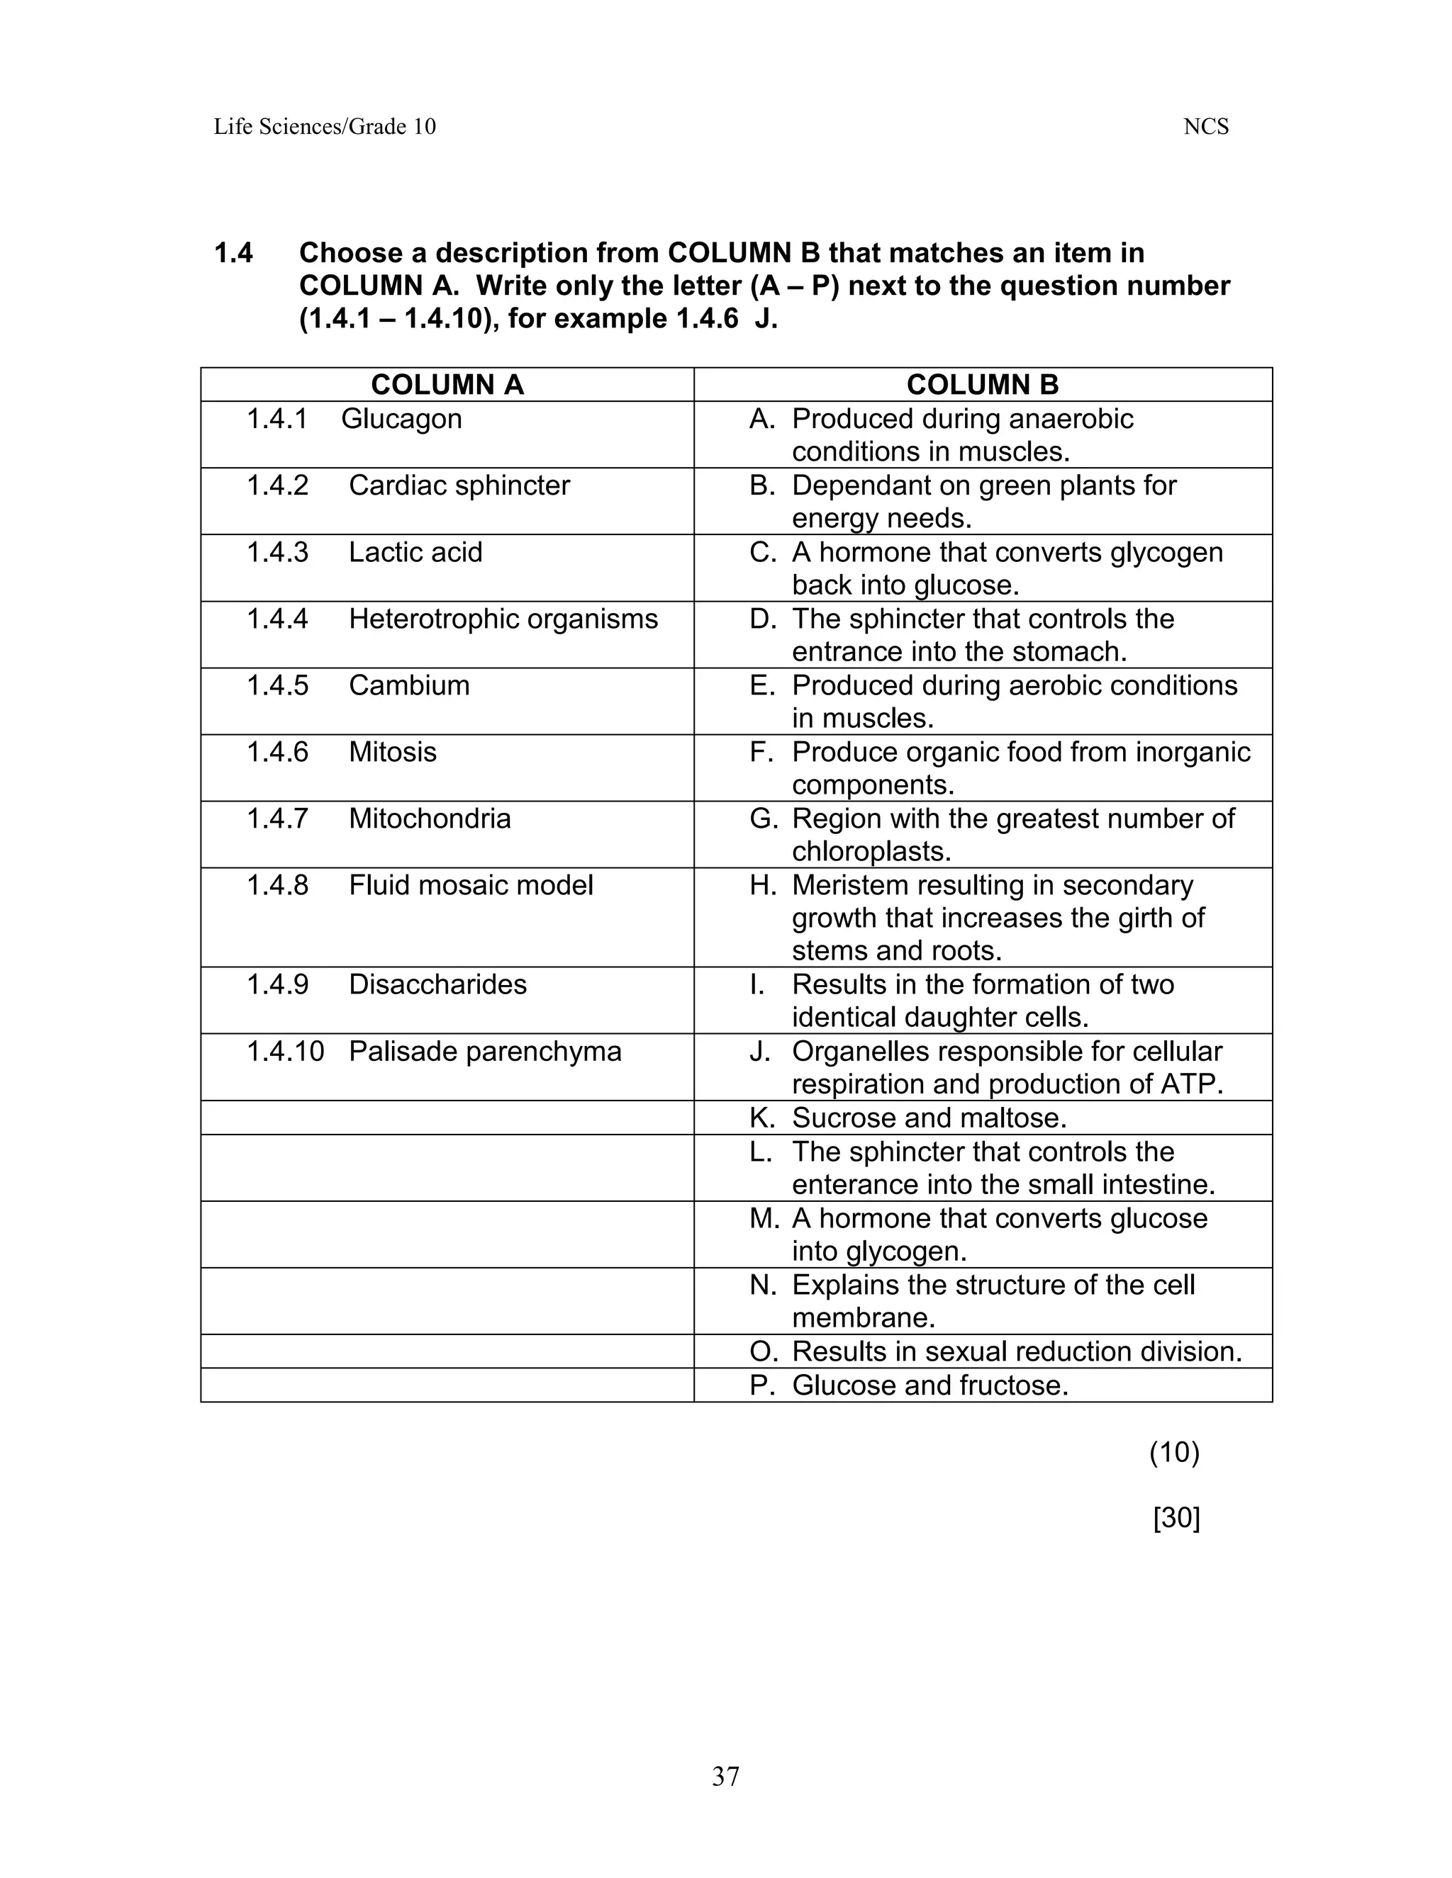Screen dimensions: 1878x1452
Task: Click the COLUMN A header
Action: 447,384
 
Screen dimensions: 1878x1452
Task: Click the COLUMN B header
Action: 983,384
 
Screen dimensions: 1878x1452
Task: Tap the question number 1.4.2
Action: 277,485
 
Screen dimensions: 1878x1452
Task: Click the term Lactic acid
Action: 415,552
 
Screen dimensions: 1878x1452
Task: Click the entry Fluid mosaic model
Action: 471,885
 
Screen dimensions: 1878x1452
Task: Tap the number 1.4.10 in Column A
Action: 285,1051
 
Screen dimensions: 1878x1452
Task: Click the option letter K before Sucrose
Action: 761,1118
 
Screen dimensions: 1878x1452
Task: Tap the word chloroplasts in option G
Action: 871,851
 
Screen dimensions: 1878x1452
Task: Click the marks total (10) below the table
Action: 1174,1452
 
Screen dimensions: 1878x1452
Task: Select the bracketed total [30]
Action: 1176,1519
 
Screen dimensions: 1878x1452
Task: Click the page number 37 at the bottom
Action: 725,1777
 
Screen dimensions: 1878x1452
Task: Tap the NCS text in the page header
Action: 1205,128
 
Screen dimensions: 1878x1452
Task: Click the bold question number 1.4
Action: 233,254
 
